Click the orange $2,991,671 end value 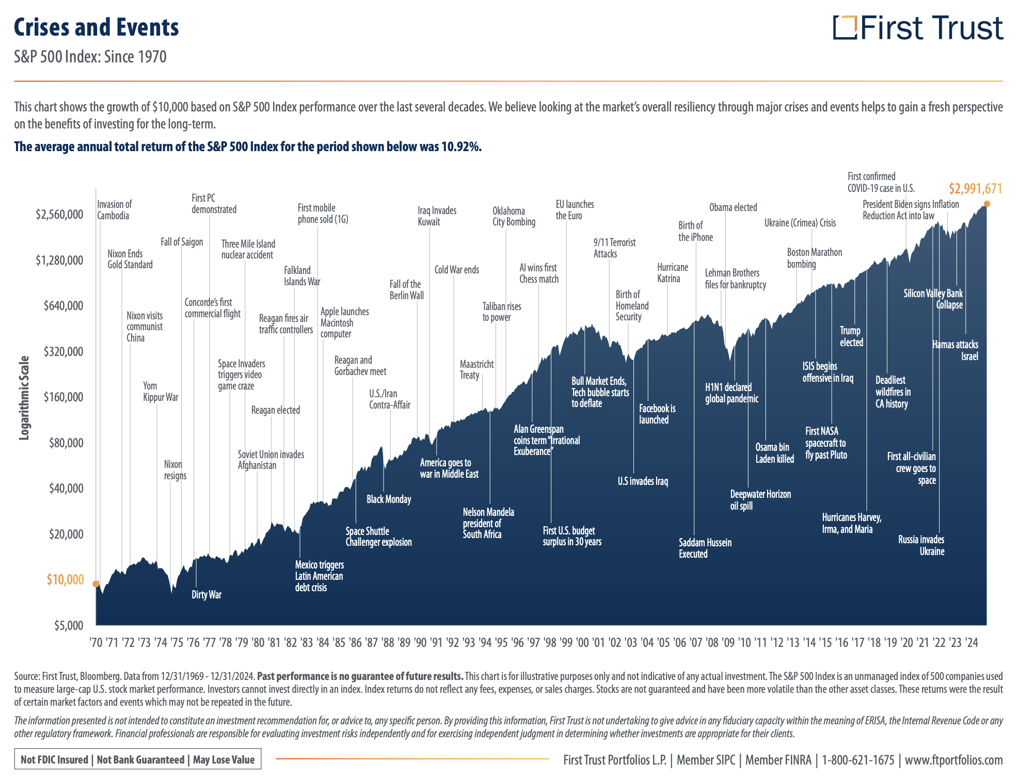click(975, 189)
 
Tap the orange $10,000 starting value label click(65, 579)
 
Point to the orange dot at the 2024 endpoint click(987, 204)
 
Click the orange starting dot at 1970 click(95, 584)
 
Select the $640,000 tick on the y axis click(63, 305)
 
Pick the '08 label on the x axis click(712, 642)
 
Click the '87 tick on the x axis click(371, 642)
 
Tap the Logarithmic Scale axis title click(24, 398)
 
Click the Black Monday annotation click(389, 499)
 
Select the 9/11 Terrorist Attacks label click(614, 248)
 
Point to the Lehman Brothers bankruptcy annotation click(735, 279)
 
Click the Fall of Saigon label click(182, 242)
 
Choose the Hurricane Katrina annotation click(672, 273)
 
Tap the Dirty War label click(206, 594)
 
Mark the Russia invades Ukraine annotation click(921, 545)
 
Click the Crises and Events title click(97, 27)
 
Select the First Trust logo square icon click(845, 27)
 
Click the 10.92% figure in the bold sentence click(460, 147)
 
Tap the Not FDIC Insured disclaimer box click(137, 759)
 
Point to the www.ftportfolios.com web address click(953, 760)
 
